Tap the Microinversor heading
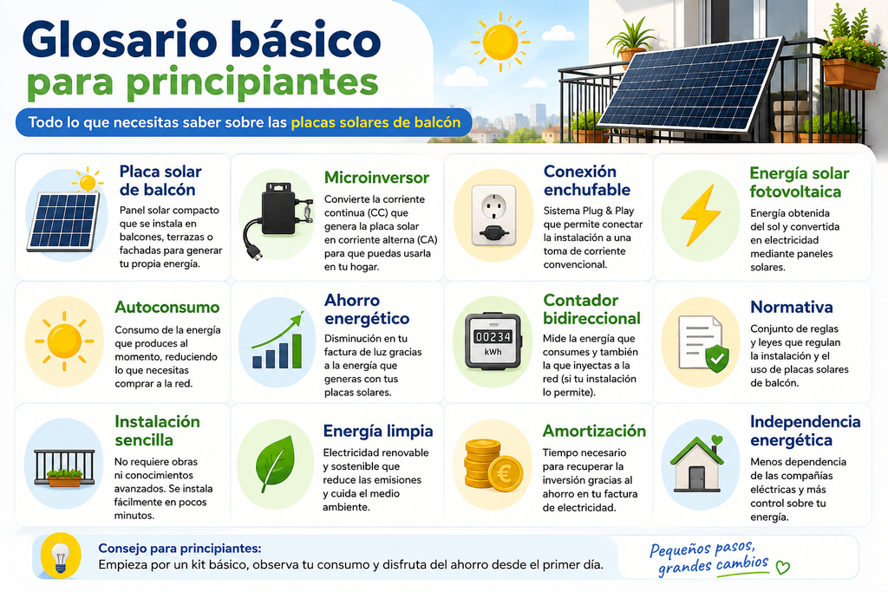click(376, 178)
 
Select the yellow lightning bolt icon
click(701, 216)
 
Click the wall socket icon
click(493, 216)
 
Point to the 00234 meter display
click(493, 337)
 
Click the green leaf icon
click(275, 464)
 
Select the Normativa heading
click(791, 308)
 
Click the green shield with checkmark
click(717, 358)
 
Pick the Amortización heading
click(594, 432)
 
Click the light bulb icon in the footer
click(60, 557)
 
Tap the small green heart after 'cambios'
click(783, 567)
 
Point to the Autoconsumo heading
click(167, 308)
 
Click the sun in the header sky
click(499, 42)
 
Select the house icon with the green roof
click(696, 464)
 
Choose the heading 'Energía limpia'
click(378, 432)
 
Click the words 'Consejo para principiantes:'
click(180, 549)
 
